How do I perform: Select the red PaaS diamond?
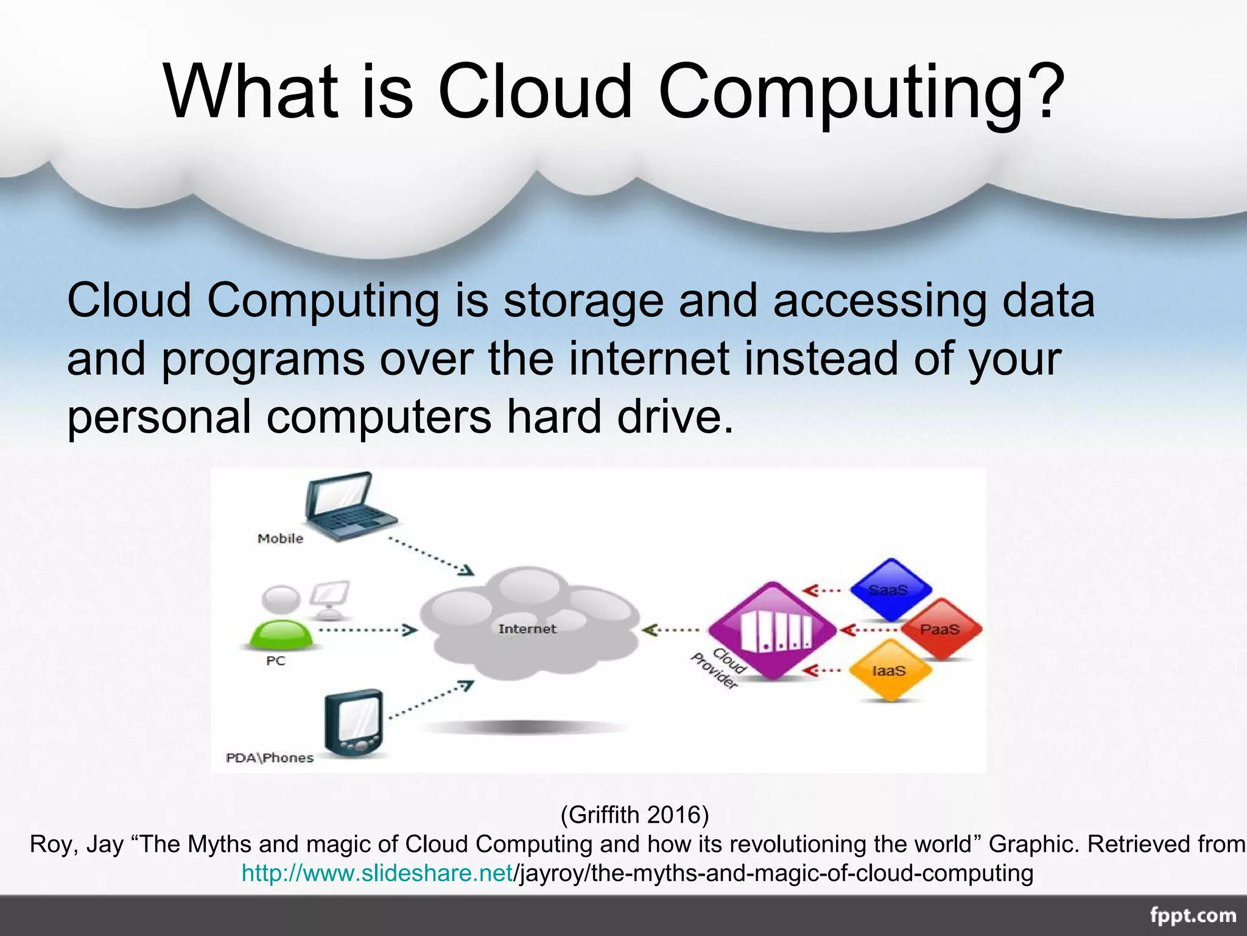coord(940,629)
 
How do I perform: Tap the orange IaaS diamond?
coord(889,670)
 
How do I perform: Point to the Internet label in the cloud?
coord(527,629)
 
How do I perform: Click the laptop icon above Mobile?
coord(350,506)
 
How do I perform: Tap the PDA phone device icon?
coord(354,722)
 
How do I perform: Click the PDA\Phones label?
coord(270,757)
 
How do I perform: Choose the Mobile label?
coord(280,538)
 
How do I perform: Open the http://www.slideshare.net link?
coord(378,873)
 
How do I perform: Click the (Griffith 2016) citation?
coord(634,815)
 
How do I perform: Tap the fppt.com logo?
coord(1193,916)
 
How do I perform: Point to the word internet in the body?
coord(649,359)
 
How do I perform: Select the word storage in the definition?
coord(583,301)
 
